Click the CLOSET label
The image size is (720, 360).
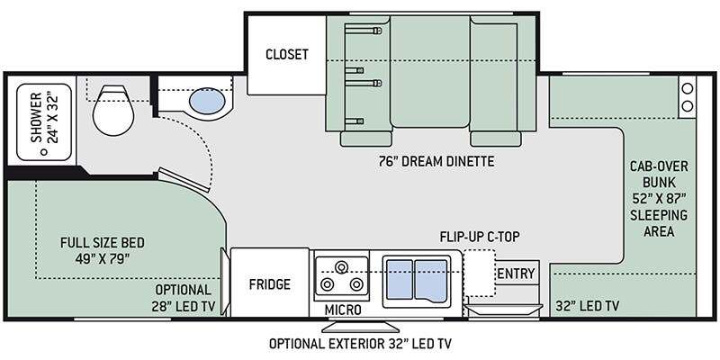(x=287, y=54)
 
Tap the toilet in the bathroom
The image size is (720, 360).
(x=113, y=110)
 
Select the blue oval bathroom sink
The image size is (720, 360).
(x=207, y=101)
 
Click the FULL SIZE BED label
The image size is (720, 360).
(x=102, y=242)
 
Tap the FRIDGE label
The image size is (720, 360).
(x=270, y=284)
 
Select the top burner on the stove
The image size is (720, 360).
(x=341, y=266)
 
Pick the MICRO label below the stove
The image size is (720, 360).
(x=343, y=310)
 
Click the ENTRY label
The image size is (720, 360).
(x=517, y=274)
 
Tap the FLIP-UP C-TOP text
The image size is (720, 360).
(x=480, y=237)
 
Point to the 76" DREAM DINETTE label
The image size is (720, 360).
(x=436, y=162)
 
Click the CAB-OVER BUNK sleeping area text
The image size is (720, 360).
(x=659, y=199)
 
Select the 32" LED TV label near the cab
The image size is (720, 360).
(x=588, y=306)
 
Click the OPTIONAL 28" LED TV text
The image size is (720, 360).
(x=184, y=299)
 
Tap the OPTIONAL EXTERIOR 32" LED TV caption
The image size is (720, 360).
(x=360, y=344)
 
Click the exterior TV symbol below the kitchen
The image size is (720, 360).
(x=361, y=327)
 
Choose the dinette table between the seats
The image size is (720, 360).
(x=430, y=72)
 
